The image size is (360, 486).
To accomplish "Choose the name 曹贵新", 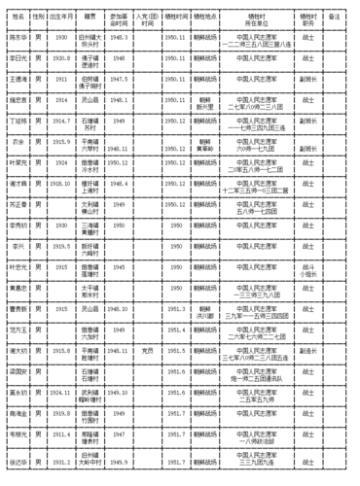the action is coord(17,308).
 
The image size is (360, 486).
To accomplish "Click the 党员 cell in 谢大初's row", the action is coord(147,350).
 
